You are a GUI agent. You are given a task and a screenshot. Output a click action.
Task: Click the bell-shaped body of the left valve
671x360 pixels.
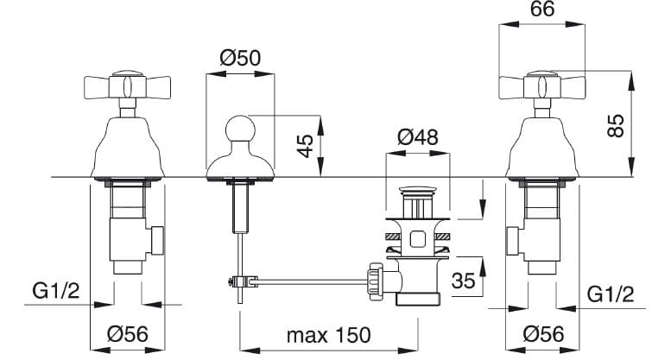pyautogui.click(x=126, y=149)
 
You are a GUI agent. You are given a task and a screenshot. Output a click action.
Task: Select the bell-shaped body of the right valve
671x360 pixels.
pyautogui.click(x=541, y=149)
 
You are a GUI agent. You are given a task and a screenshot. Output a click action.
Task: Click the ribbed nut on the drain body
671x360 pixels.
pyautogui.click(x=375, y=280)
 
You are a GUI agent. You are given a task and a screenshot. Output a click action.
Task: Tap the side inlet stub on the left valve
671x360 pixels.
pyautogui.click(x=156, y=239)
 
